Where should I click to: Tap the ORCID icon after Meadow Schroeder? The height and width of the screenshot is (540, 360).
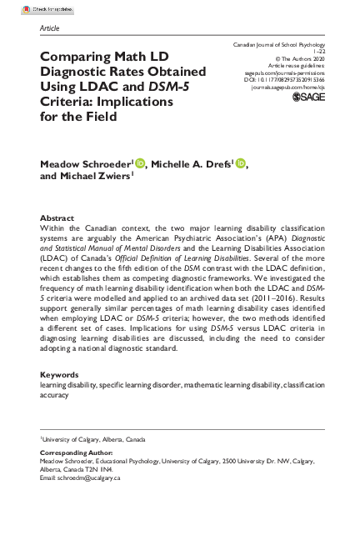pos(139,165)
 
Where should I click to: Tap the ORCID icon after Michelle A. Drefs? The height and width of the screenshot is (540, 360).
pos(241,165)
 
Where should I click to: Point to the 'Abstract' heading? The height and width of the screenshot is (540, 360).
pos(57,218)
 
